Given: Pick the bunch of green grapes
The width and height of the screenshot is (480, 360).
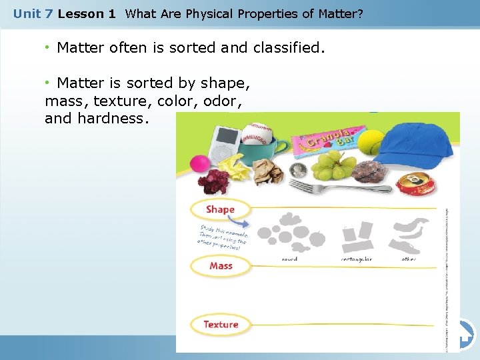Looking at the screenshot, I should (334, 165).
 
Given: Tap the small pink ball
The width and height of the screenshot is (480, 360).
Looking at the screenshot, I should (199, 164).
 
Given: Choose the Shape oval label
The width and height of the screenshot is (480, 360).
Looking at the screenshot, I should (220, 209).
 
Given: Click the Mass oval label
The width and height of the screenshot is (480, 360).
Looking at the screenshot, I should (221, 266).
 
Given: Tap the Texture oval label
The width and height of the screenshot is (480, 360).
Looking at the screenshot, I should (221, 325).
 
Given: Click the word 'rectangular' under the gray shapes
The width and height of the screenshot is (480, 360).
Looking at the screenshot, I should (357, 259).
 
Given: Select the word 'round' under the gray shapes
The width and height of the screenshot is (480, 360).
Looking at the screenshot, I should (290, 259).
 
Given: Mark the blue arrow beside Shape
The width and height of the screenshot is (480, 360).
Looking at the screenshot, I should (245, 224).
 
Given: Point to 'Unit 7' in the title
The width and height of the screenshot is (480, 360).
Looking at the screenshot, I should (33, 13).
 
